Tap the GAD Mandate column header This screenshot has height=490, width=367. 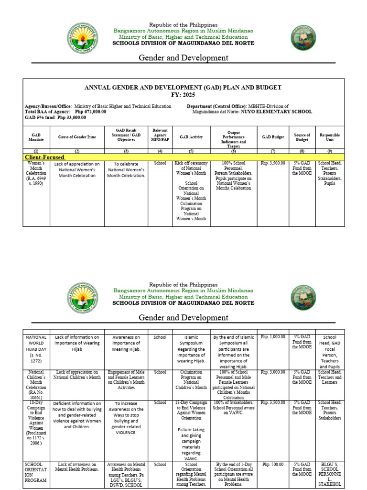pos(36,137)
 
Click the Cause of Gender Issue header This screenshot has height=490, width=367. pos(77,137)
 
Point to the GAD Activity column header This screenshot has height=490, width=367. pos(191,137)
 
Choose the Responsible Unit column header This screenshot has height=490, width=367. pos(329,137)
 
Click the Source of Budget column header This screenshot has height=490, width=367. pos(302,137)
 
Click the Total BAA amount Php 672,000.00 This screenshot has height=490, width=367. pos(91,111)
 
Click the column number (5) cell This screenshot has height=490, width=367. pos(191,151)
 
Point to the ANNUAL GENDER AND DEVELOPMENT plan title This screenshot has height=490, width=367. pos(183,88)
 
